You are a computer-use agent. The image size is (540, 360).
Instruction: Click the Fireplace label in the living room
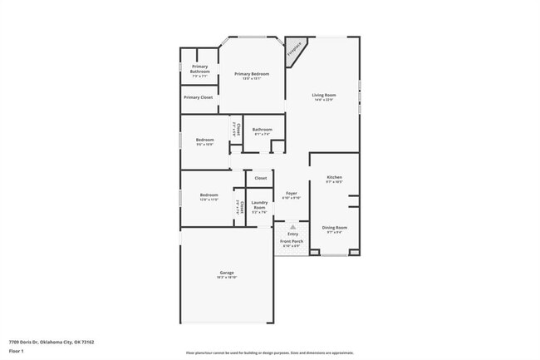coord(293,51)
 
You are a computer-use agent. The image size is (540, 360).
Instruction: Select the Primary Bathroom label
coord(199,69)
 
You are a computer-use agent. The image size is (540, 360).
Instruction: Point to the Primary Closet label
coord(199,97)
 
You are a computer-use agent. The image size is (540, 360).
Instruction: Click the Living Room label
coord(322,95)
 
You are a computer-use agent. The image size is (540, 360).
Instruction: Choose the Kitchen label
coord(334,177)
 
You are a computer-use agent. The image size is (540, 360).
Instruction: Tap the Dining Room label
coord(334,227)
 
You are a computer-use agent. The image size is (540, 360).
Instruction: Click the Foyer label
coord(292,193)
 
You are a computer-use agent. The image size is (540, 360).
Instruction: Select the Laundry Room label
coord(258,205)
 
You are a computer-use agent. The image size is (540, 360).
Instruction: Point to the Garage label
coord(226,273)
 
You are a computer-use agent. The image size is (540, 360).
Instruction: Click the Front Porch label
coord(292,241)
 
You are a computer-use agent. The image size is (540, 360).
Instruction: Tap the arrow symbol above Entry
coord(292,225)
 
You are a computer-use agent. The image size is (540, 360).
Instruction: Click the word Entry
coord(292,234)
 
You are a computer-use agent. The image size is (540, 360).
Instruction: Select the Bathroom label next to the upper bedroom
coord(263,129)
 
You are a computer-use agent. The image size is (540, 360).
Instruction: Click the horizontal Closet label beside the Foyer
coord(260,178)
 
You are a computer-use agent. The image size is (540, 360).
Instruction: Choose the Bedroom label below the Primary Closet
coord(204,140)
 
